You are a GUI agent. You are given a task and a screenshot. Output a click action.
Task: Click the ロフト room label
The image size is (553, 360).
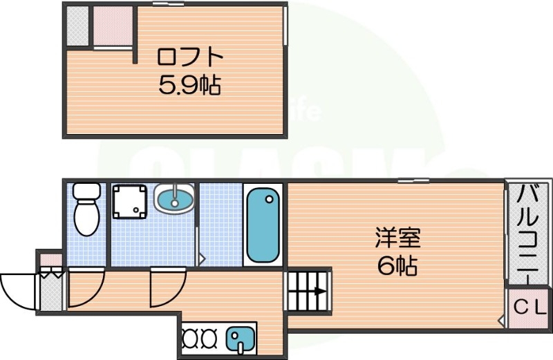[x=181, y=56]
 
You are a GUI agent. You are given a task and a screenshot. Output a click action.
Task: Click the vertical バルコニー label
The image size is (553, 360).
[x=529, y=232]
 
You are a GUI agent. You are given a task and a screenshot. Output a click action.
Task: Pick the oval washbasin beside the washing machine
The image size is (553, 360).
[x=175, y=200]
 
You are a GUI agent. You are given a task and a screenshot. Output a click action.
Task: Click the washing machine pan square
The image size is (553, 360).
[x=131, y=200]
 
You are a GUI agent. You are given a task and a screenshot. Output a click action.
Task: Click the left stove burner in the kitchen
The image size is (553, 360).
[x=191, y=339]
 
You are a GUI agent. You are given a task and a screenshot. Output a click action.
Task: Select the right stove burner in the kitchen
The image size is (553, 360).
[x=209, y=339]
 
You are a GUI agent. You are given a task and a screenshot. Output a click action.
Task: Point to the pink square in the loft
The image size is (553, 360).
[x=111, y=26]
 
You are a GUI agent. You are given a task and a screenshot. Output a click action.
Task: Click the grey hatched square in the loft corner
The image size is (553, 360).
[x=77, y=26]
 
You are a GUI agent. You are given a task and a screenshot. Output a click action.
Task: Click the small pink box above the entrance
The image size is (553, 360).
[x=50, y=260]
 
